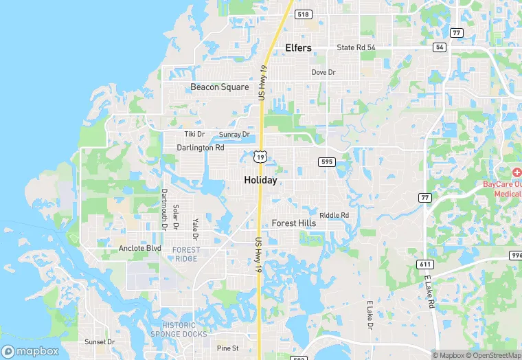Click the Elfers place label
coord(298,48)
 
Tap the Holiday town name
coord(260,181)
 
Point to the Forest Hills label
coord(294,223)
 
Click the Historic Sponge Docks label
coord(183,329)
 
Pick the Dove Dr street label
coord(324,72)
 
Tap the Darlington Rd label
coord(201,148)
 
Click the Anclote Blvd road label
coord(139,248)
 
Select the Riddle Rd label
coord(334,215)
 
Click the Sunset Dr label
coord(100,341)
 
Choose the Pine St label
coord(227,348)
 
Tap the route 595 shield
coord(326,161)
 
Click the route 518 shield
coord(303,14)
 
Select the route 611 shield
coord(425,264)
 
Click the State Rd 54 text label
coord(356,47)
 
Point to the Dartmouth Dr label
coord(164,209)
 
